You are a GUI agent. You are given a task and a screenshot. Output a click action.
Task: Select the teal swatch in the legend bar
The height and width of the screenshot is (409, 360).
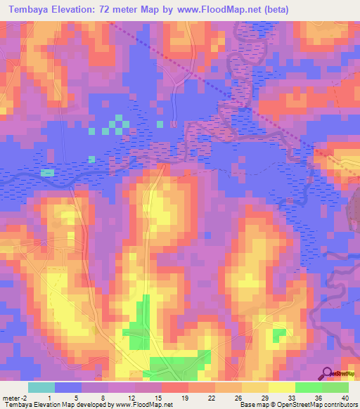tap(41, 387)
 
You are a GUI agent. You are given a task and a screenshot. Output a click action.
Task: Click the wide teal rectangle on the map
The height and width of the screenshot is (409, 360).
tap(47, 172)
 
